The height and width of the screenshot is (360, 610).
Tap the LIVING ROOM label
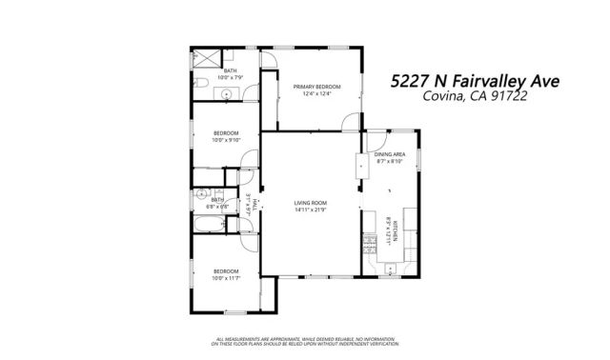(311, 203)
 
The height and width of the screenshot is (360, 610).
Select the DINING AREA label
(390, 154)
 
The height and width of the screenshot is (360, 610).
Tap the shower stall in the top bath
(203, 57)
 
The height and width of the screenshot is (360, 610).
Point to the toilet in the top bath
(204, 88)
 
